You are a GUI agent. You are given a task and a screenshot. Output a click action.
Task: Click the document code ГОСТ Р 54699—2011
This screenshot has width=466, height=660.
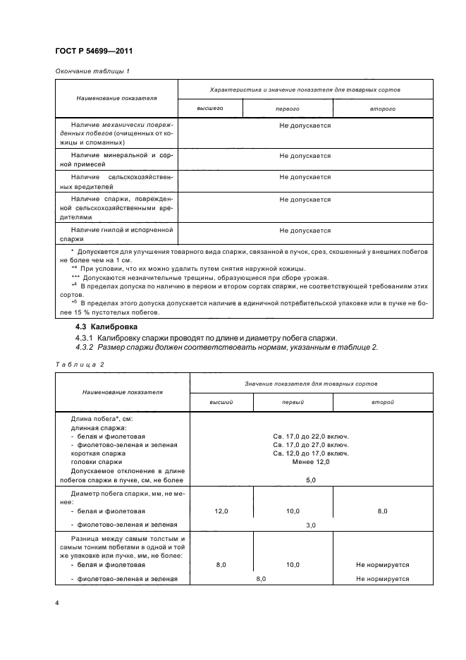coord(93,51)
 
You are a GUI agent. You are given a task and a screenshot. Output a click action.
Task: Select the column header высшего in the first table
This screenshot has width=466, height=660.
coord(209,109)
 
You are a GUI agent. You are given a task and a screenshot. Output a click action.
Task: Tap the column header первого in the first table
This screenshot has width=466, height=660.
coord(287,109)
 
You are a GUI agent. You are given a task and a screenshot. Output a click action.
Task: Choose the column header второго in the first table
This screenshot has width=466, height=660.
coord(381,109)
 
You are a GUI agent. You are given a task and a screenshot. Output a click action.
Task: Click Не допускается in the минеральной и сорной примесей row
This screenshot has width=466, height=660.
coord(305,156)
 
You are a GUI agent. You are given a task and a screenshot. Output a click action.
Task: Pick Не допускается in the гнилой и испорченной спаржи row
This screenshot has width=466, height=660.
coord(305,231)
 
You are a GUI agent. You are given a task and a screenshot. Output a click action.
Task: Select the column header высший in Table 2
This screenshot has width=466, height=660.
coord(221,401)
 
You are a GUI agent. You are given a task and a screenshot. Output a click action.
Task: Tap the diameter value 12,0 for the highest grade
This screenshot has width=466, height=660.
coord(221,511)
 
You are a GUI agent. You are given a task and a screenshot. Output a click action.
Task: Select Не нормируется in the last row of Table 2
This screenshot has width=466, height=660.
coord(383,579)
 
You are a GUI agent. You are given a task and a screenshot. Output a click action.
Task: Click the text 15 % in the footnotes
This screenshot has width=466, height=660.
coord(71,312)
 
